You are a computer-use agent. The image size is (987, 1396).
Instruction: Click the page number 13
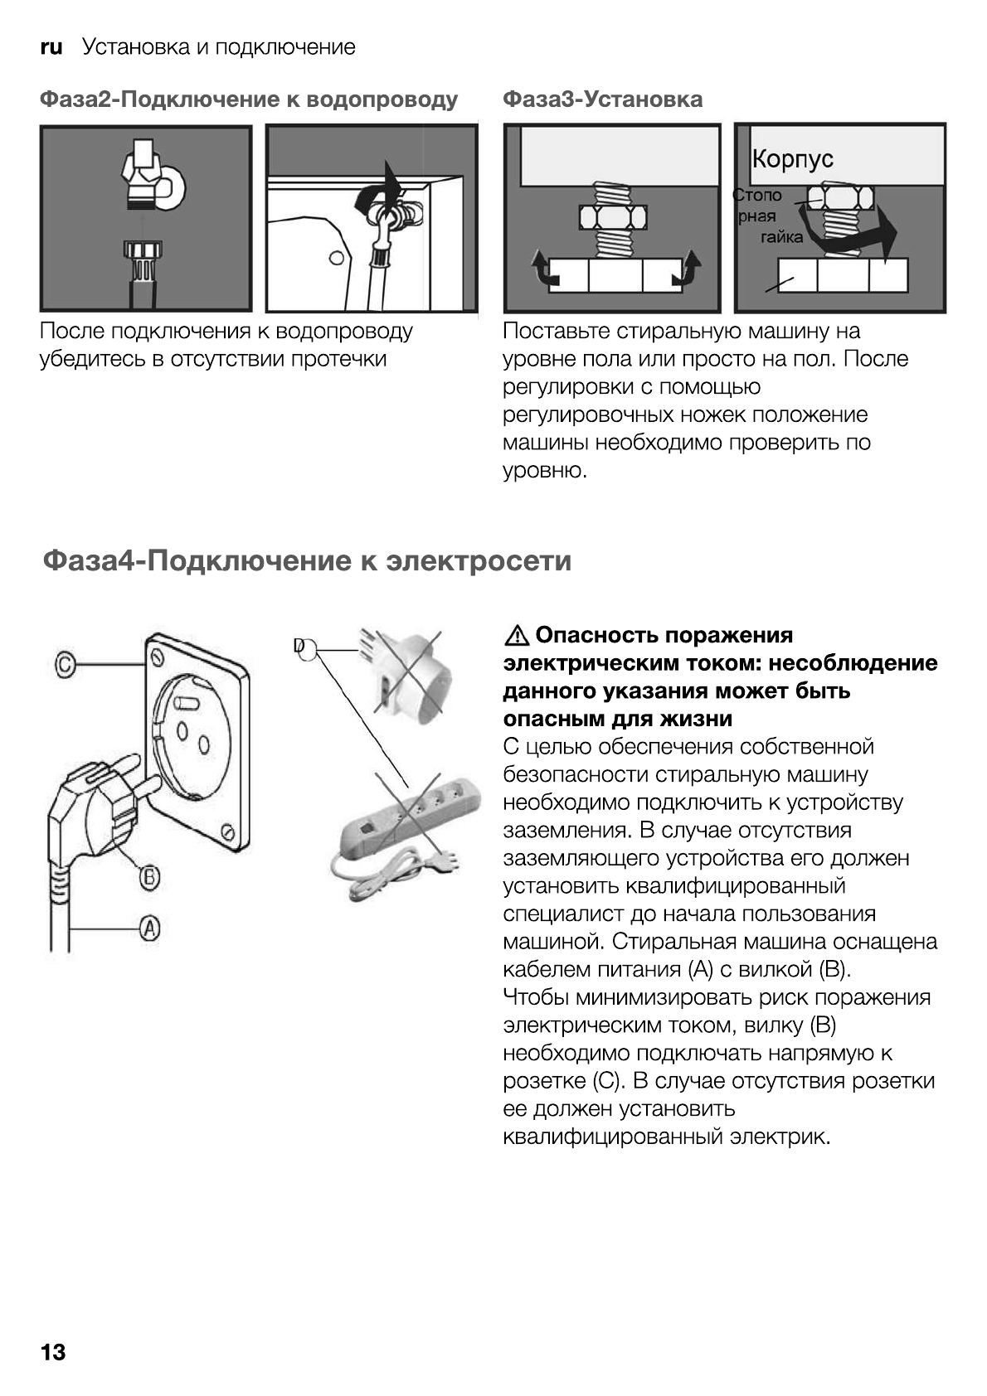pos(52,1352)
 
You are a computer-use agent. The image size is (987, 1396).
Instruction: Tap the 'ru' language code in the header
pos(51,47)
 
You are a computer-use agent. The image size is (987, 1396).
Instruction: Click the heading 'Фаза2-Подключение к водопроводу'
pos(248,99)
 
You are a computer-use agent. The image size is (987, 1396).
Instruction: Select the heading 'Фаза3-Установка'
pos(602,99)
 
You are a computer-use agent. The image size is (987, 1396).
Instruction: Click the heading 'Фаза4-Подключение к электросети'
pos(307,560)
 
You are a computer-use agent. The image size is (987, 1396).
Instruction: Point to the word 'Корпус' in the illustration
pos(792,159)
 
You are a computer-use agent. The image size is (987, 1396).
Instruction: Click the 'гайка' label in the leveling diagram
pos(781,238)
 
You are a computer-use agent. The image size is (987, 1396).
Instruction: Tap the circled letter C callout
pos(66,663)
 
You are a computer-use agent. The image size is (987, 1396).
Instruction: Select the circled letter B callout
pos(148,876)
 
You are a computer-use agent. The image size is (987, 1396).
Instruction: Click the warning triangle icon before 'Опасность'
pos(516,636)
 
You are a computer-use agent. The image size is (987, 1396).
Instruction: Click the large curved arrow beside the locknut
pos(863,232)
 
